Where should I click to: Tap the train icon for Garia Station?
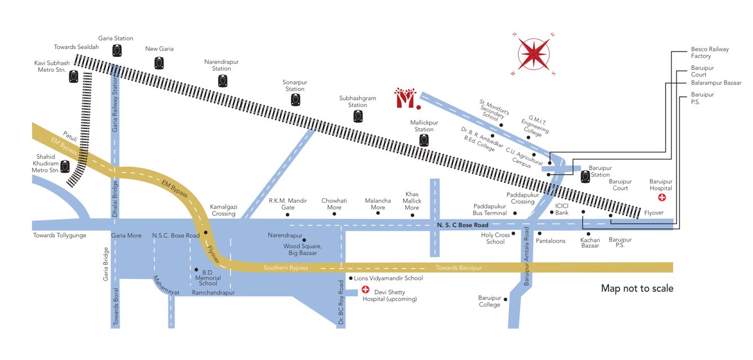click(x=117, y=51)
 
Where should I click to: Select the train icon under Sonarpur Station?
click(x=295, y=100)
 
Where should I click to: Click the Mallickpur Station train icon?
click(x=424, y=140)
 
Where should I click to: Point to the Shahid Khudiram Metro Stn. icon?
click(x=66, y=167)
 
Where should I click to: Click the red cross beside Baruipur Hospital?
click(x=662, y=198)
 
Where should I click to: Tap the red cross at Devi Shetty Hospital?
click(x=365, y=290)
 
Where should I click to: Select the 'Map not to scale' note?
click(x=637, y=288)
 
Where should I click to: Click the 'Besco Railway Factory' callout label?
click(x=710, y=53)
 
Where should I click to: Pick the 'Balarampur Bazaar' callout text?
click(x=716, y=83)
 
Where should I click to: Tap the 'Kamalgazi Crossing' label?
click(x=223, y=210)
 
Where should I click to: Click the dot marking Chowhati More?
click(x=334, y=215)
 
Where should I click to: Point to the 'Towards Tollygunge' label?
click(x=60, y=235)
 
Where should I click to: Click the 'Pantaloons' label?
click(x=551, y=241)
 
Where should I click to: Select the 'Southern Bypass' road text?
click(x=286, y=268)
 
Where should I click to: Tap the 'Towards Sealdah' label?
click(x=77, y=47)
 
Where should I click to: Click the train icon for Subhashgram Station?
click(x=357, y=117)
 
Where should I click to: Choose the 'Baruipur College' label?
click(x=490, y=301)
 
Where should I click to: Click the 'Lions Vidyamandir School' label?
click(x=388, y=278)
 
